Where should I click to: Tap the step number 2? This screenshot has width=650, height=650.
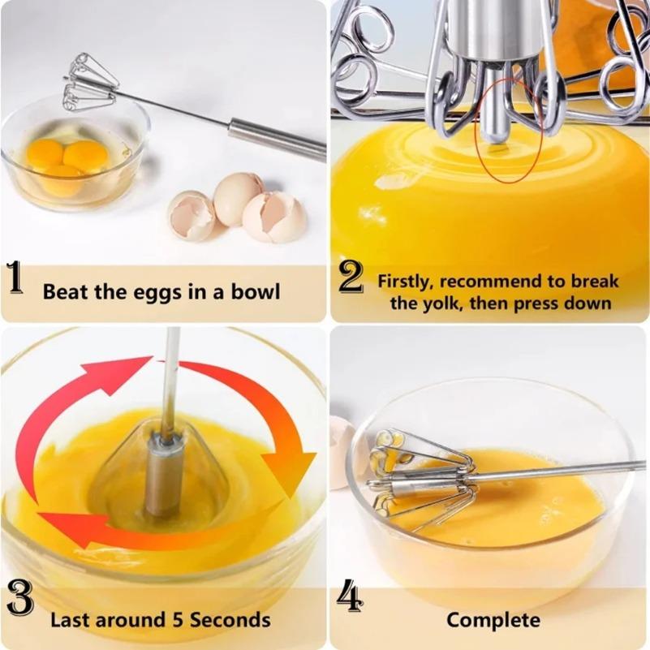coord(351,278)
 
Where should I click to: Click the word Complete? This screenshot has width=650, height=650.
coord(493,621)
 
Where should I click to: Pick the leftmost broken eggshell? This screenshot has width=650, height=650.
coord(192,215)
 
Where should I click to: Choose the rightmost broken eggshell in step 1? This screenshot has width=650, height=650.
coord(274,217)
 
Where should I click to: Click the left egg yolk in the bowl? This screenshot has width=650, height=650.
coord(45,153)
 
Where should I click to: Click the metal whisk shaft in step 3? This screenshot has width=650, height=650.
coord(170,381)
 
